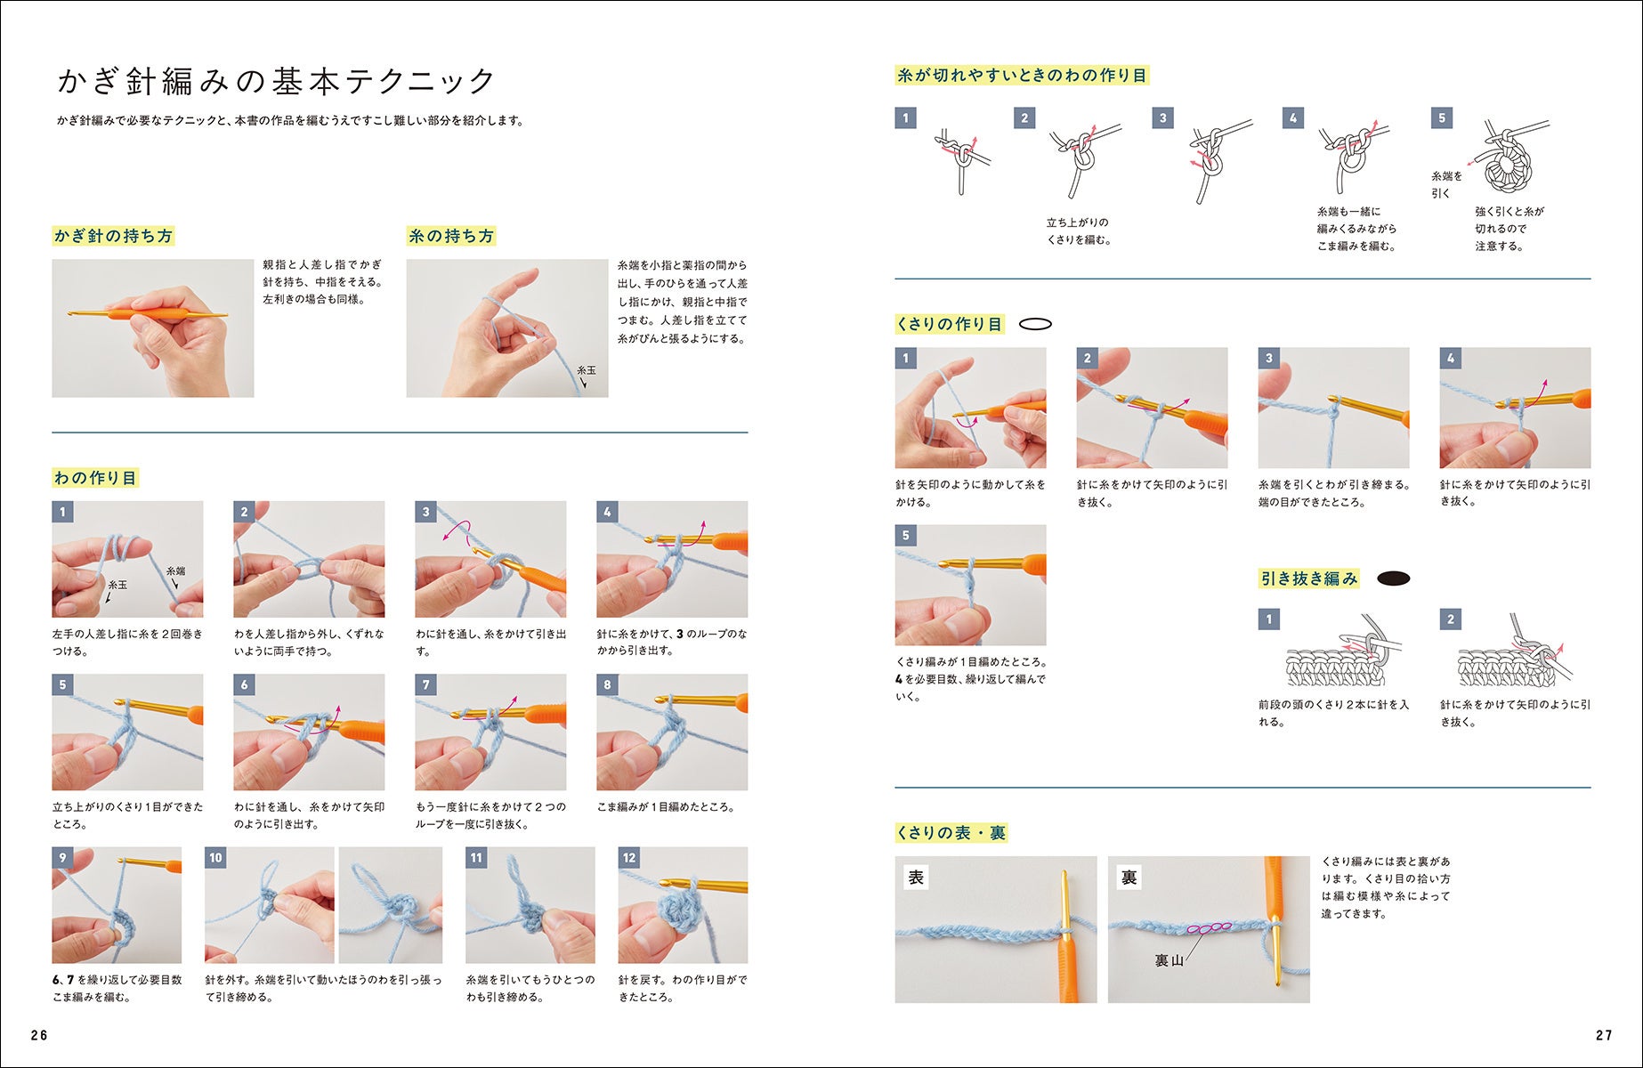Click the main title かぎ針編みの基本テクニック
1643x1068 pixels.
(276, 81)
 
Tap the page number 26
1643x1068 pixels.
(39, 1035)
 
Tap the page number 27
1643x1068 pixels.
(1604, 1035)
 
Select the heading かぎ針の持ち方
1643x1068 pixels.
(113, 236)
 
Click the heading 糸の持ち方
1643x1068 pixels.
(450, 236)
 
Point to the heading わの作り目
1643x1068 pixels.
(95, 478)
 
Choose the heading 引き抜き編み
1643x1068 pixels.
(1308, 578)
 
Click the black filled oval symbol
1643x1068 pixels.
(1393, 578)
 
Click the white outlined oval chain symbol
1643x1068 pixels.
(1035, 324)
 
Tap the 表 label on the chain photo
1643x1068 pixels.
(916, 878)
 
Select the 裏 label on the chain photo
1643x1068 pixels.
(1129, 878)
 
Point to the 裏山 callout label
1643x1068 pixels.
(1169, 960)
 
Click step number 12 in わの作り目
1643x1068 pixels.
(629, 858)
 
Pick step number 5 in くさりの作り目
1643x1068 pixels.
(906, 536)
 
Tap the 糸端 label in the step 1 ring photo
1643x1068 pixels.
(176, 571)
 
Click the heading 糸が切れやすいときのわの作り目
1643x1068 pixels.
(1022, 76)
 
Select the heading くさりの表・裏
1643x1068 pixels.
(951, 833)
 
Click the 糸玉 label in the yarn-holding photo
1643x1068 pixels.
(587, 370)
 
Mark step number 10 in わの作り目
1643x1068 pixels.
(215, 858)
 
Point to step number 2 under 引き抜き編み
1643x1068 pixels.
(1451, 619)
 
